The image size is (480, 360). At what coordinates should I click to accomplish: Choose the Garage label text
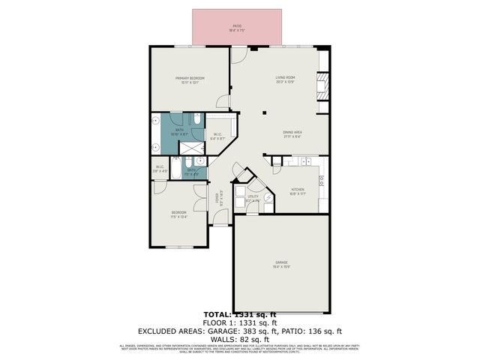coord(281,265)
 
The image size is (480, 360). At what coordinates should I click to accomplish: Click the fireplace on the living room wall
coord(322,85)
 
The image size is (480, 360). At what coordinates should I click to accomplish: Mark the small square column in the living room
coord(264,112)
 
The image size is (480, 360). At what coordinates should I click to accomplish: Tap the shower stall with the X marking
coord(200,161)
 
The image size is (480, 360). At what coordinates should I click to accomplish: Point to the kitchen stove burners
coord(321,180)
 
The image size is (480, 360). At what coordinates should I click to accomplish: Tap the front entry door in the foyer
coord(220,217)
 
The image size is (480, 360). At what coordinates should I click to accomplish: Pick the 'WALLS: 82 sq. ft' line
coord(240,339)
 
